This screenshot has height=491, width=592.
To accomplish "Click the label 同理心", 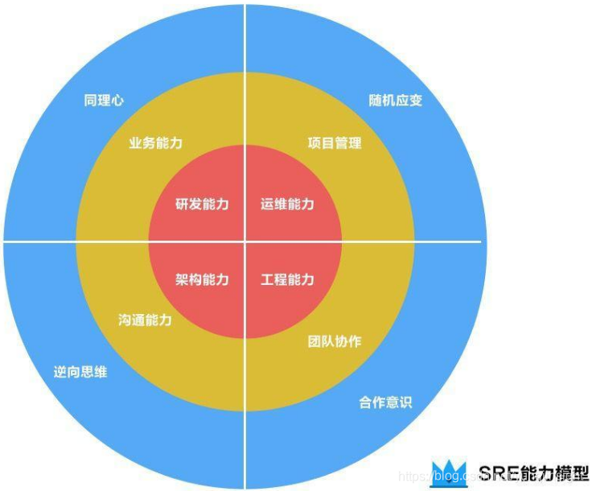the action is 104,101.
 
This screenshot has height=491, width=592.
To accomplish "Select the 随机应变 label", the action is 396,101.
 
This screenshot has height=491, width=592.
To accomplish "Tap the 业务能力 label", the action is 155,143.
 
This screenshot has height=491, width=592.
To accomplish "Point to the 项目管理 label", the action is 335,143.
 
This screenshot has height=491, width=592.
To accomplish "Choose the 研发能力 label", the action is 202,204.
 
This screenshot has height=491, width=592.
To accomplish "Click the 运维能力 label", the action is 287,204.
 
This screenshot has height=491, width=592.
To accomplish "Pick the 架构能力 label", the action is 202,280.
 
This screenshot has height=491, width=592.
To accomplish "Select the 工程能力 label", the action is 287,280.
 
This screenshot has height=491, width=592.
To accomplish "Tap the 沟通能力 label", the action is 145,320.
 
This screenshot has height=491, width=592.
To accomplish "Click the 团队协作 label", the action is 335,341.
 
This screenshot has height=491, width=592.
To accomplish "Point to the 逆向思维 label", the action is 80,373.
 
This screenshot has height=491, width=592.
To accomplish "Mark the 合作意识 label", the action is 385,402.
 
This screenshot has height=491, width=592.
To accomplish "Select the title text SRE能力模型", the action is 533,472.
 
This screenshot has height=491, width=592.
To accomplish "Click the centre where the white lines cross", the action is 245,241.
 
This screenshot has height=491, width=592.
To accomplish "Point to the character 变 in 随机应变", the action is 416,101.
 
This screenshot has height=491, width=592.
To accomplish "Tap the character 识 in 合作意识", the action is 405,402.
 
